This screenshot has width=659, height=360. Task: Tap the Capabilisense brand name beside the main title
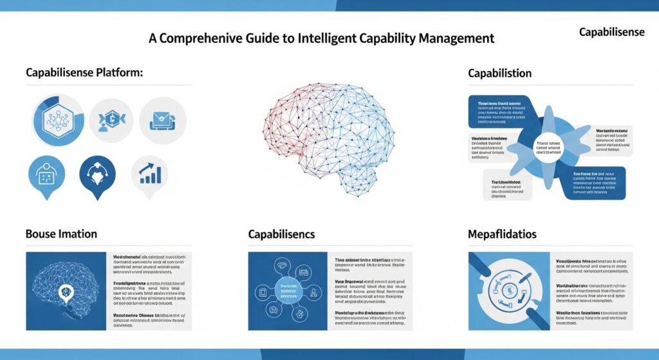pos(611,32)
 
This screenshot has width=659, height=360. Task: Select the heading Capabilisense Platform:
pos(84,73)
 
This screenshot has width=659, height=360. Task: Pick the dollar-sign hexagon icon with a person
pos(111,120)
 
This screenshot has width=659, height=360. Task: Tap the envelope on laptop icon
pos(162,120)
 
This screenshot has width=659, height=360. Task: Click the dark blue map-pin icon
pos(97,175)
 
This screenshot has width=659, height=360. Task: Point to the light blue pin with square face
pos(47,175)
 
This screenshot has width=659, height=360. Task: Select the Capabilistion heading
pos(499,73)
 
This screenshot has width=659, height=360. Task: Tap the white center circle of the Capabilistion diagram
pos(549,147)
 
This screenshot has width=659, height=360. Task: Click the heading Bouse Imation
pos(61,234)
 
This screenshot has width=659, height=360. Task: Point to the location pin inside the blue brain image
pos(66,293)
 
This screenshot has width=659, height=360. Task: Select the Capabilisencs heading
pos(281,234)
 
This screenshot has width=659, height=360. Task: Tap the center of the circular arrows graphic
pos(508,290)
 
